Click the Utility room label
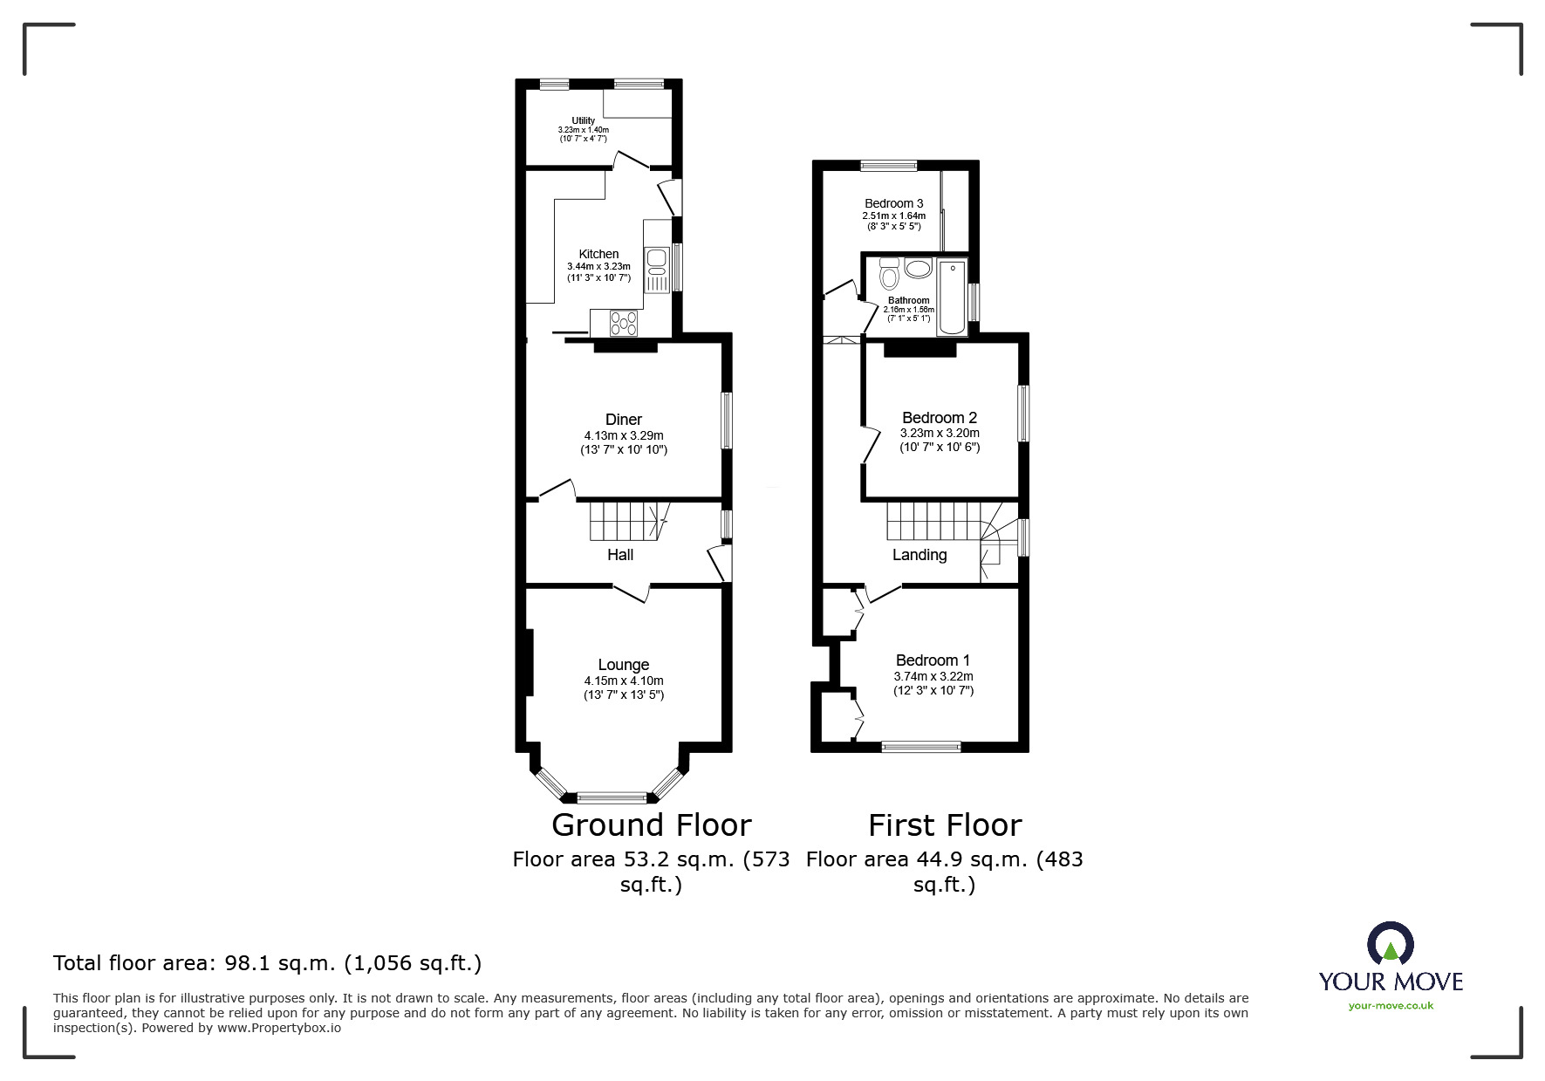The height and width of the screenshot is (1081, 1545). click(584, 120)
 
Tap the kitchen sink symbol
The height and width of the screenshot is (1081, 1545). click(656, 270)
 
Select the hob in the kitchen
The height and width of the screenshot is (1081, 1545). click(625, 324)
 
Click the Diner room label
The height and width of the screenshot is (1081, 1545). click(624, 420)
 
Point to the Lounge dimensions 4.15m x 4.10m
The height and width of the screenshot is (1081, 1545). click(624, 681)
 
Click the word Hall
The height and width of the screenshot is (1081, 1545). click(620, 555)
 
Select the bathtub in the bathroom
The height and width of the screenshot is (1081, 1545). click(952, 297)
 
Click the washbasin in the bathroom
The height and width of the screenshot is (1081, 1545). click(918, 268)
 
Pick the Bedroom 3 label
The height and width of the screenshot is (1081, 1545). click(894, 203)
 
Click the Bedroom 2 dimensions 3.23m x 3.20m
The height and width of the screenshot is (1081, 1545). click(940, 433)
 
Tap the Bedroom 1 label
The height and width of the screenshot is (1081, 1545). click(933, 660)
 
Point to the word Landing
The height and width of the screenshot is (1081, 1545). click(919, 555)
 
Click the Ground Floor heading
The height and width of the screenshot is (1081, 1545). click(652, 825)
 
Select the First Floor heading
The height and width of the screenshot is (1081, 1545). click(945, 825)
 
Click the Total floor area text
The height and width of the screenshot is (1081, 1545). click(267, 963)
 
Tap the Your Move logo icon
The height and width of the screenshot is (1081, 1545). click(1390, 943)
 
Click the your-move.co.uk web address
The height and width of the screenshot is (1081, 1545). click(1391, 1006)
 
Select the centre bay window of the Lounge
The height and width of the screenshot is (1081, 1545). click(612, 797)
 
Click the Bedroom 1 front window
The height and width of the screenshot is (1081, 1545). click(921, 746)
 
